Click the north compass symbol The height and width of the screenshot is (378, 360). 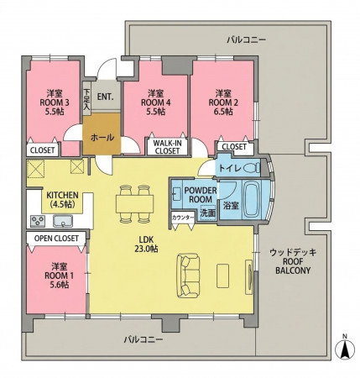pos(345,348)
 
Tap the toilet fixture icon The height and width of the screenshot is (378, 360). pos(252,168)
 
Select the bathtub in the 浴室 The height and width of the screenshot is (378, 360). pos(253,200)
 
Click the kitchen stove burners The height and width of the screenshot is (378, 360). pos(37,221)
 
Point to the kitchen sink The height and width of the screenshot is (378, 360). pos(63,221)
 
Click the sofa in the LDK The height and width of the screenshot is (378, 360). pos(188,276)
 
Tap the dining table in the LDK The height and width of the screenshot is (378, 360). pos(134,204)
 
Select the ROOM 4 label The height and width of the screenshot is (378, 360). pos(155,102)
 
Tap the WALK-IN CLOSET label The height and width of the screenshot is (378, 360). pos(167,147)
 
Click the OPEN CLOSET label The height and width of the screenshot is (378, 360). pos(56,239)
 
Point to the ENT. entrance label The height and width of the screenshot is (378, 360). pos(106,97)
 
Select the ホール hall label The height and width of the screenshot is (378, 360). pos(102,138)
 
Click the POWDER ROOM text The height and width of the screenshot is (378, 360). pos(201,195)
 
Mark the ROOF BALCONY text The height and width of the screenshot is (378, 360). pos(293,266)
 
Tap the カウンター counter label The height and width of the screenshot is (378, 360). pos(183,218)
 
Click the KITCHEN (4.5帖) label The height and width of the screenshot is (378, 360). pos(62,199)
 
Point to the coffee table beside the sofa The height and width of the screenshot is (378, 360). pos(222,276)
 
